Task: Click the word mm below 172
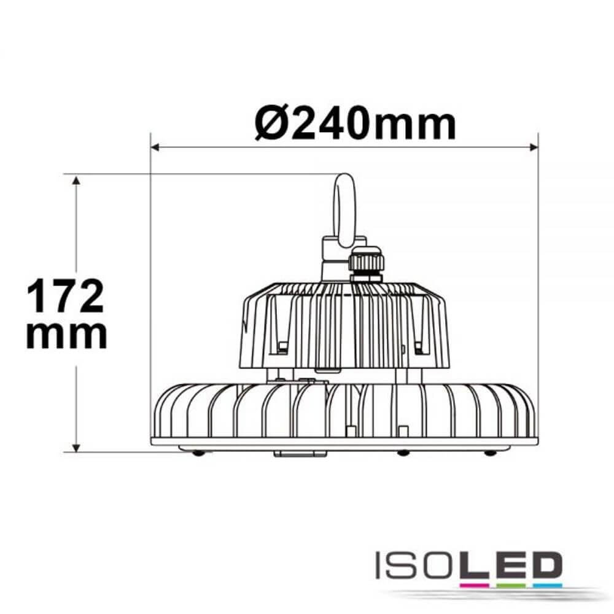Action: [67, 335]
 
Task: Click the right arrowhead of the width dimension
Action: [533, 147]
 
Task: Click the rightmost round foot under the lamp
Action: [489, 453]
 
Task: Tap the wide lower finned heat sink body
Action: [344, 411]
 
